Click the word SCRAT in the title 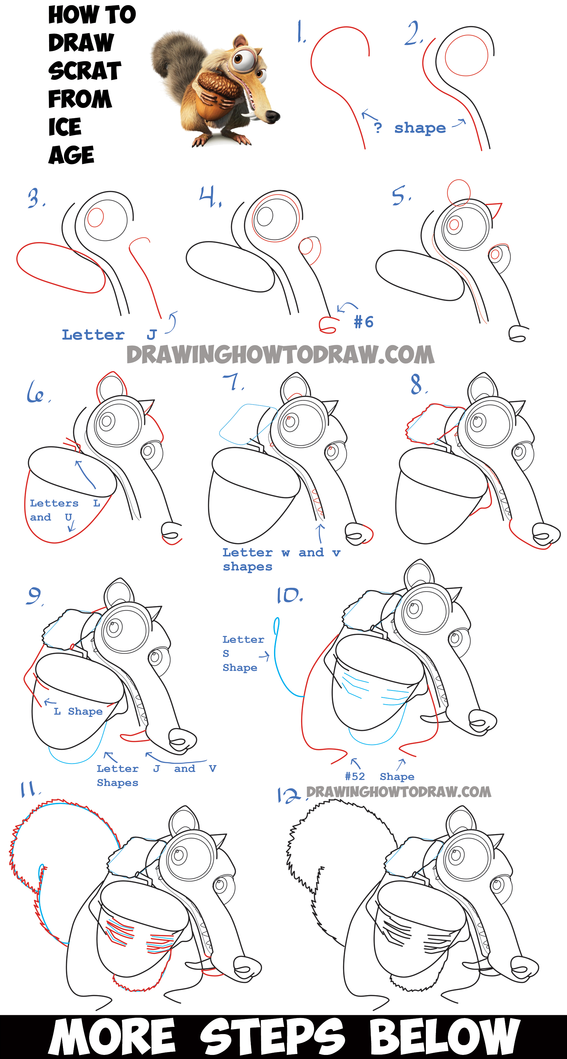[x=85, y=71]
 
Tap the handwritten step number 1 [x=301, y=32]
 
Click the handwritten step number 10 [x=289, y=595]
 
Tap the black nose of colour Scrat [x=271, y=116]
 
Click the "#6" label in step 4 [x=364, y=322]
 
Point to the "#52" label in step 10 [x=355, y=776]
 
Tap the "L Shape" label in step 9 [x=78, y=711]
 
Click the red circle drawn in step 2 [x=466, y=55]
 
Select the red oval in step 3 [x=61, y=268]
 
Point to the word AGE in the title [x=71, y=155]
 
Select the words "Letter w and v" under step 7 [x=281, y=552]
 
